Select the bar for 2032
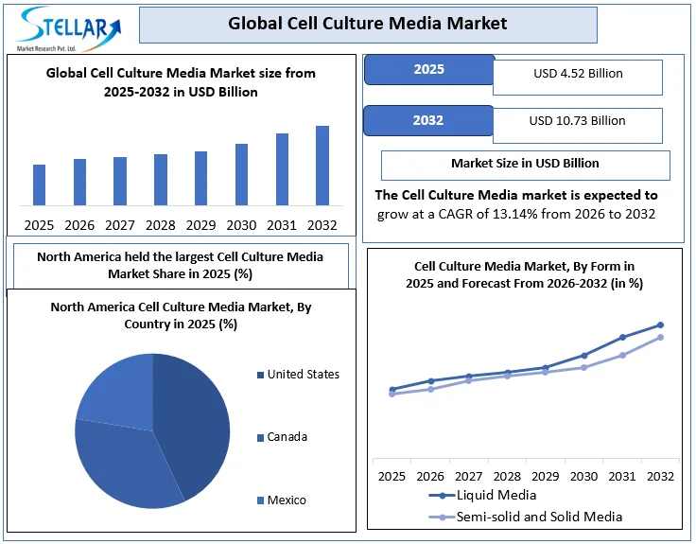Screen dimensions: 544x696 click(322, 166)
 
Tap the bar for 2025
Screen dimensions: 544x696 click(39, 184)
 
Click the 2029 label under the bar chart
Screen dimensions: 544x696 click(200, 225)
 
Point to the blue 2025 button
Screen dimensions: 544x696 click(428, 70)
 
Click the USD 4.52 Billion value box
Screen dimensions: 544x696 click(577, 75)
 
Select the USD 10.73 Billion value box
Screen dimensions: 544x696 click(577, 121)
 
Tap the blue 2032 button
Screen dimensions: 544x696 click(428, 120)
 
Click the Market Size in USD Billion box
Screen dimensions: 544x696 click(525, 164)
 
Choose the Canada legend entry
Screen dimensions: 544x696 click(287, 437)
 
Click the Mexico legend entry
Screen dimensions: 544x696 click(286, 500)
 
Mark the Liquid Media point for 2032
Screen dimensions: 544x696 click(660, 325)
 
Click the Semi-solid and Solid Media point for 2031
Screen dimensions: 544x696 click(622, 356)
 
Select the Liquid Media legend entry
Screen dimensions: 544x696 click(496, 495)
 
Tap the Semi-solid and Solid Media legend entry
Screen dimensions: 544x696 click(539, 517)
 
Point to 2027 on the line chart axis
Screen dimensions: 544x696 click(468, 476)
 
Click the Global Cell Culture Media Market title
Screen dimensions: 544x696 click(368, 24)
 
